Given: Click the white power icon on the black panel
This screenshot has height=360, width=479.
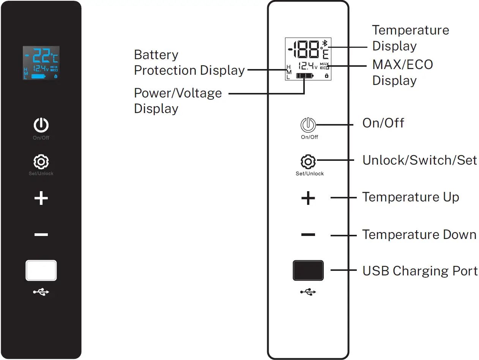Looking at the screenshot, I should (41, 125).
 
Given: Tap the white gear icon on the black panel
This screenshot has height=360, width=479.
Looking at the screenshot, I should (41, 162).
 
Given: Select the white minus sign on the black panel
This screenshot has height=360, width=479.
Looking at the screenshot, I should (41, 235).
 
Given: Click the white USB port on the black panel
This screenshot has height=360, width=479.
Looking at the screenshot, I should (41, 270).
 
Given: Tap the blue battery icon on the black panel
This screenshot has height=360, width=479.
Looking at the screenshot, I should (38, 77).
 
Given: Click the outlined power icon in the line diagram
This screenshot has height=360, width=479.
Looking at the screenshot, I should (308, 124).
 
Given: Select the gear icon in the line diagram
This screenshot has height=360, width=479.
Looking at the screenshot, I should (308, 162).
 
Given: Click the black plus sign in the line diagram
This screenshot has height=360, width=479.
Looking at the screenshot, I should (308, 198).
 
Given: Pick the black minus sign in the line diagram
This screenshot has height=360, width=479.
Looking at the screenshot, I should (308, 235).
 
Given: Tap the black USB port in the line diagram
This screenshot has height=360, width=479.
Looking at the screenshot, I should (308, 270).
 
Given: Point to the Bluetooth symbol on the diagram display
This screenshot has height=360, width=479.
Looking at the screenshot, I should (325, 43).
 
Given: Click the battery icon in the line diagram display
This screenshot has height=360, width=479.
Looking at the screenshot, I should (305, 76).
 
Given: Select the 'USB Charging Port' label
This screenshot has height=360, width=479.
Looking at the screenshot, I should (420, 271).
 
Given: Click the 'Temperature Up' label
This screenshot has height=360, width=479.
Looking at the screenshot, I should (410, 197).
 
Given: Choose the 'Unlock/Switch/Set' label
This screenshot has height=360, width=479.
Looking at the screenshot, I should (419, 160).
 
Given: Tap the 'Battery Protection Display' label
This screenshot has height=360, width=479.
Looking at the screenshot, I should (189, 63).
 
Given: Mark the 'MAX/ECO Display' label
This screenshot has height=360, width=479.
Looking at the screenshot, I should (402, 72).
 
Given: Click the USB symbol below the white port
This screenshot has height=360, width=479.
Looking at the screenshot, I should (41, 292).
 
